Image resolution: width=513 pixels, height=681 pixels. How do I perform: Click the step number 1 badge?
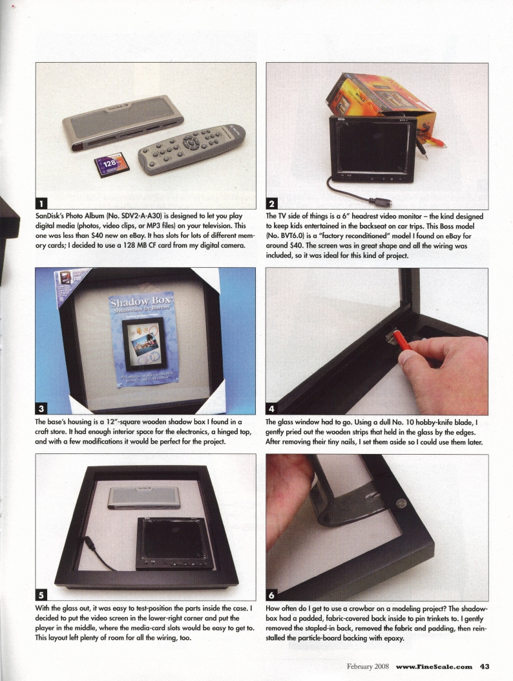41,203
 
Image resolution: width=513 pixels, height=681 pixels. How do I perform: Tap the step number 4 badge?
272,408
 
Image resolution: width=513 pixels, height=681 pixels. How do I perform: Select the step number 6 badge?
272,594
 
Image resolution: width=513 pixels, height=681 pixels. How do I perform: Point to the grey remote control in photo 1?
191,149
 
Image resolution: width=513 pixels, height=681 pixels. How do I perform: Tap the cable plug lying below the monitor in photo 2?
380,202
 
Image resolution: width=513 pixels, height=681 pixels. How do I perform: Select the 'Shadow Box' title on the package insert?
140,301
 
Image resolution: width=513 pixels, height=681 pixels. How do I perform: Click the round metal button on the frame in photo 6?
401,503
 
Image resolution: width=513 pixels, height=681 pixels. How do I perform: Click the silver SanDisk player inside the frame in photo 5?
144,497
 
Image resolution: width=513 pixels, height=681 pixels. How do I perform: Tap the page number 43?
485,666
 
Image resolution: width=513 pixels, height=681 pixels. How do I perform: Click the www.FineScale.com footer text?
434,667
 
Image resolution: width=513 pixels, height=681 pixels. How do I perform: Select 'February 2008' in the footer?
368,667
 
